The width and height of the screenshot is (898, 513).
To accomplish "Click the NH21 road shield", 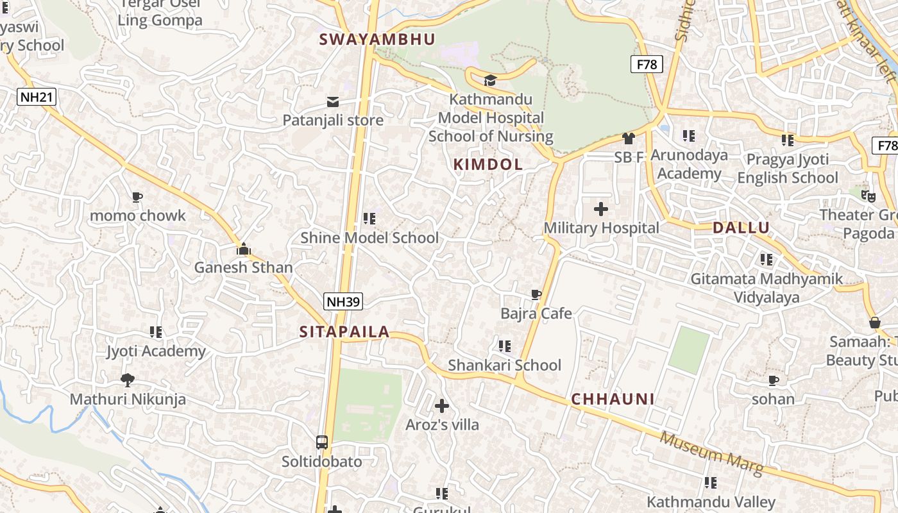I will click(x=37, y=97).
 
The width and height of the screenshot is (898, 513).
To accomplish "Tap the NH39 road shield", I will click(x=344, y=301).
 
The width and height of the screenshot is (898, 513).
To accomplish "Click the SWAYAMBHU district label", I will click(x=377, y=39).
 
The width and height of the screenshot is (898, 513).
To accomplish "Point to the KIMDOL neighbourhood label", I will click(x=488, y=164).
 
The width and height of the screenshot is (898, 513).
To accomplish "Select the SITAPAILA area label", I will click(x=344, y=332).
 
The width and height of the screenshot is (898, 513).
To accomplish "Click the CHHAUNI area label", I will click(x=613, y=399).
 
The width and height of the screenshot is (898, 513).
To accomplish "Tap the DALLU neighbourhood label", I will click(x=741, y=228).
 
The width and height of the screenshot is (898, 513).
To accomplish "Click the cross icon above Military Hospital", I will click(x=601, y=209).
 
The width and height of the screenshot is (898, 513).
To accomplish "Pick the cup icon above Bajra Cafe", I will click(x=536, y=295).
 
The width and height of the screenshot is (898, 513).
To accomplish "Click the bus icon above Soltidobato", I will click(x=322, y=442).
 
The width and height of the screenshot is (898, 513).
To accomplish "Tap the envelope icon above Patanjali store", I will click(x=333, y=101).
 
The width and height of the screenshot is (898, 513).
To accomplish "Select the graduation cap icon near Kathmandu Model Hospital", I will click(x=490, y=80).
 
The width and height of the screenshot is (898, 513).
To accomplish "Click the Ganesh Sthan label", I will click(x=244, y=267).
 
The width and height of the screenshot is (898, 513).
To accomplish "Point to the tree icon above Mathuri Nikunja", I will click(x=128, y=380).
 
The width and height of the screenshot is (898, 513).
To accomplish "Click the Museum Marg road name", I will click(x=711, y=455).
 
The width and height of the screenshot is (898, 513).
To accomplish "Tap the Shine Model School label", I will click(x=369, y=238).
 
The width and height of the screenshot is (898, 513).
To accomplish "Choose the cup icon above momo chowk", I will click(x=137, y=197).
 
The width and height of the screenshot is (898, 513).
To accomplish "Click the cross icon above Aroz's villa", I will click(x=442, y=406).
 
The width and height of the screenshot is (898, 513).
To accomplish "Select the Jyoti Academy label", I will click(x=156, y=351).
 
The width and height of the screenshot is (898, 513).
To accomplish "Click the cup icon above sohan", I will click(x=774, y=380).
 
